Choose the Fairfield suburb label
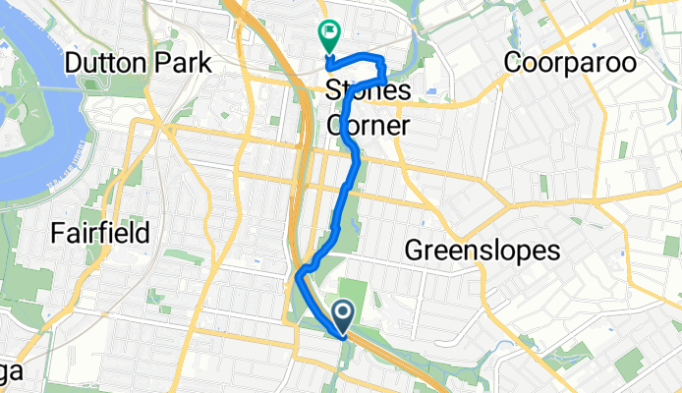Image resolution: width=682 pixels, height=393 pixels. pos(101,234)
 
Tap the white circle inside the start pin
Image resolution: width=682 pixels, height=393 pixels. pos(343,313)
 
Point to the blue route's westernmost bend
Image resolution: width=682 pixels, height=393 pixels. pos(297,280)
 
